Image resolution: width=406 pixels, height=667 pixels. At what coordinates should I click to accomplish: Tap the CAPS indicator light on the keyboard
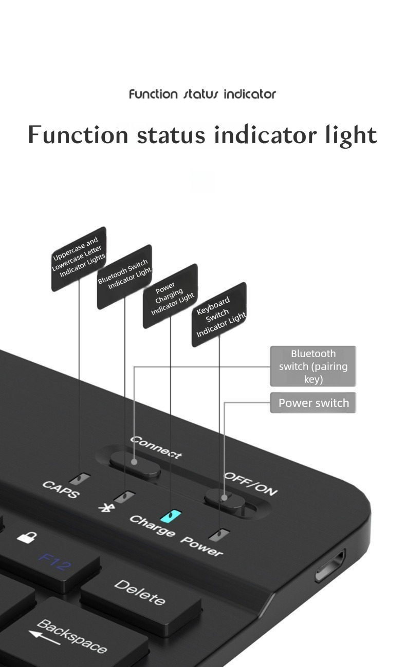[x=80, y=479]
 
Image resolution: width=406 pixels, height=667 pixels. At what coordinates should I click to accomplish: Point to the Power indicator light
[x=219, y=534]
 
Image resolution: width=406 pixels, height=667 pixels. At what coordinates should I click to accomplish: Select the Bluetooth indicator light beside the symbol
[x=125, y=496]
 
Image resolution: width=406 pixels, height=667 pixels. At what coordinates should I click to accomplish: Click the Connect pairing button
[x=135, y=462]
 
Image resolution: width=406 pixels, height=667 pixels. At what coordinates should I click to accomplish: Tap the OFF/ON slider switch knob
[x=224, y=498]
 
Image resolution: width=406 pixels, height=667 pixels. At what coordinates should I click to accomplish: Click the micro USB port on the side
[x=329, y=565]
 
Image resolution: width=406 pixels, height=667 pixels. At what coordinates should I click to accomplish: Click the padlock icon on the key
[x=27, y=537]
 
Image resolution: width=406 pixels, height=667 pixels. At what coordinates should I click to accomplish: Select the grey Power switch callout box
[x=313, y=403]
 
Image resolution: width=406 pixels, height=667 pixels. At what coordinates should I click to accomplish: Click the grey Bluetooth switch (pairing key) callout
[x=313, y=366]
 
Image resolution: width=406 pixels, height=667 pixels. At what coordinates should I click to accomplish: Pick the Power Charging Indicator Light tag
[x=171, y=296]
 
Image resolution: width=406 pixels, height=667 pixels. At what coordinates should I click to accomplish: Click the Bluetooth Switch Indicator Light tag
[x=124, y=277]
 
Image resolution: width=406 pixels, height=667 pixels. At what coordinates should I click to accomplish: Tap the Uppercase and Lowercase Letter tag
[x=79, y=258]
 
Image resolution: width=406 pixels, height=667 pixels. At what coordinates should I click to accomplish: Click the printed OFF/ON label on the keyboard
[x=251, y=483]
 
